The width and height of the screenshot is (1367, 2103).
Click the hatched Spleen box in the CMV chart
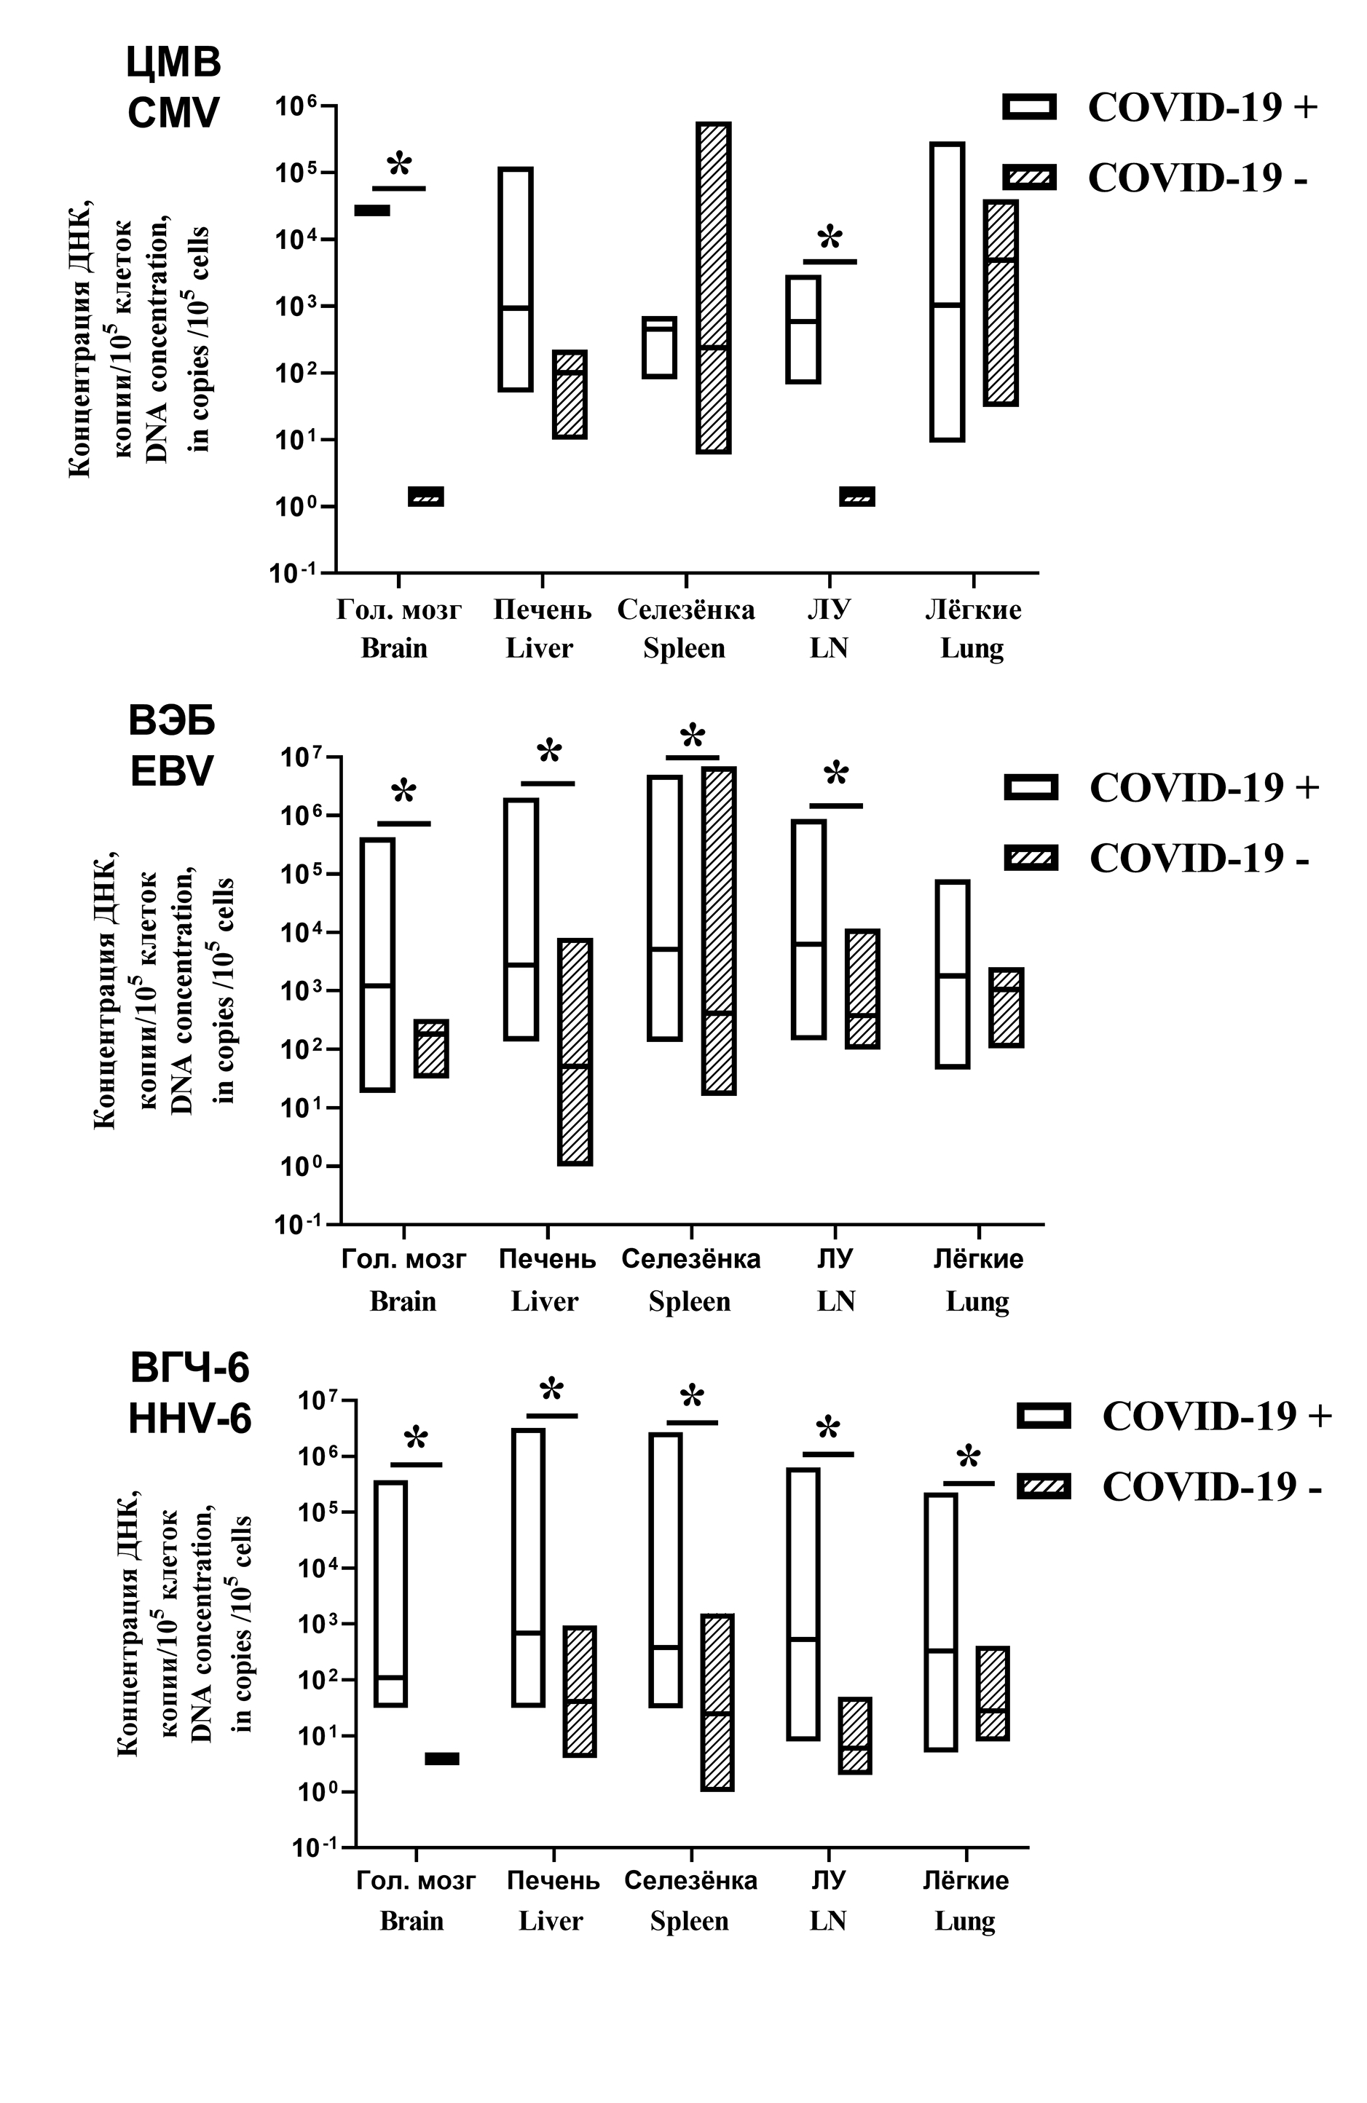coord(712,287)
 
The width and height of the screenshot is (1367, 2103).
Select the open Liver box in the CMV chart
coord(515,278)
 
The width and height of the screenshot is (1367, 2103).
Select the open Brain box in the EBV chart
coord(378,964)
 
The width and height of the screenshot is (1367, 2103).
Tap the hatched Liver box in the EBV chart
coord(575,1051)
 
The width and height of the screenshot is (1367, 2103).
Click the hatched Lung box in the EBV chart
coord(1006,1007)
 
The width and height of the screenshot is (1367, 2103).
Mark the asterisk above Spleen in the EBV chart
coord(693,737)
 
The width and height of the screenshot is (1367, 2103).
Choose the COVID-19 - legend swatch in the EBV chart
coord(1031,858)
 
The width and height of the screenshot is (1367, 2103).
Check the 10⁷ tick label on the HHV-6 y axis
coord(318,1402)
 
